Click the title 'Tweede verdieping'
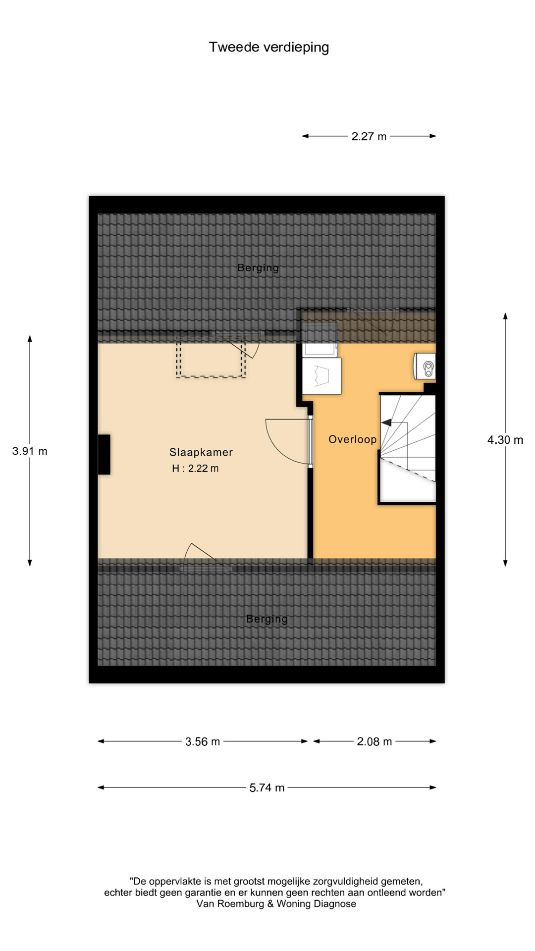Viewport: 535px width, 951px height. point(268,47)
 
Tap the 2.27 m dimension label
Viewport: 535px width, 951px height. point(369,136)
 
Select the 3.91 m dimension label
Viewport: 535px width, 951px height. point(30,451)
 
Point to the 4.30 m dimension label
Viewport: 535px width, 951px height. point(505,440)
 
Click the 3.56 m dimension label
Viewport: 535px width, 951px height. point(203,741)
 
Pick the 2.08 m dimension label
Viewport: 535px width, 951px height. point(374,741)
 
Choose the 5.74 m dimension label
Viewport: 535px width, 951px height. point(267,788)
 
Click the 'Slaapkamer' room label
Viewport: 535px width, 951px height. point(201,452)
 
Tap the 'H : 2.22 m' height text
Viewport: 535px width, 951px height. point(195,468)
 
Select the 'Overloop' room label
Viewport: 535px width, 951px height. point(352,439)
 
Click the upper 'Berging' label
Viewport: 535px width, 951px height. point(258,268)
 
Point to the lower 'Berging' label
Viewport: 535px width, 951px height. point(267,619)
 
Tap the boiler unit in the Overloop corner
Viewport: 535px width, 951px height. point(425,367)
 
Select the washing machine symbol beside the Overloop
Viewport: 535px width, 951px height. point(321,376)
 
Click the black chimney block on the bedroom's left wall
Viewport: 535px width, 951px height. point(104,455)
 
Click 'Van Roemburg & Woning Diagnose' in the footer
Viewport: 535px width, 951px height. point(276,904)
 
